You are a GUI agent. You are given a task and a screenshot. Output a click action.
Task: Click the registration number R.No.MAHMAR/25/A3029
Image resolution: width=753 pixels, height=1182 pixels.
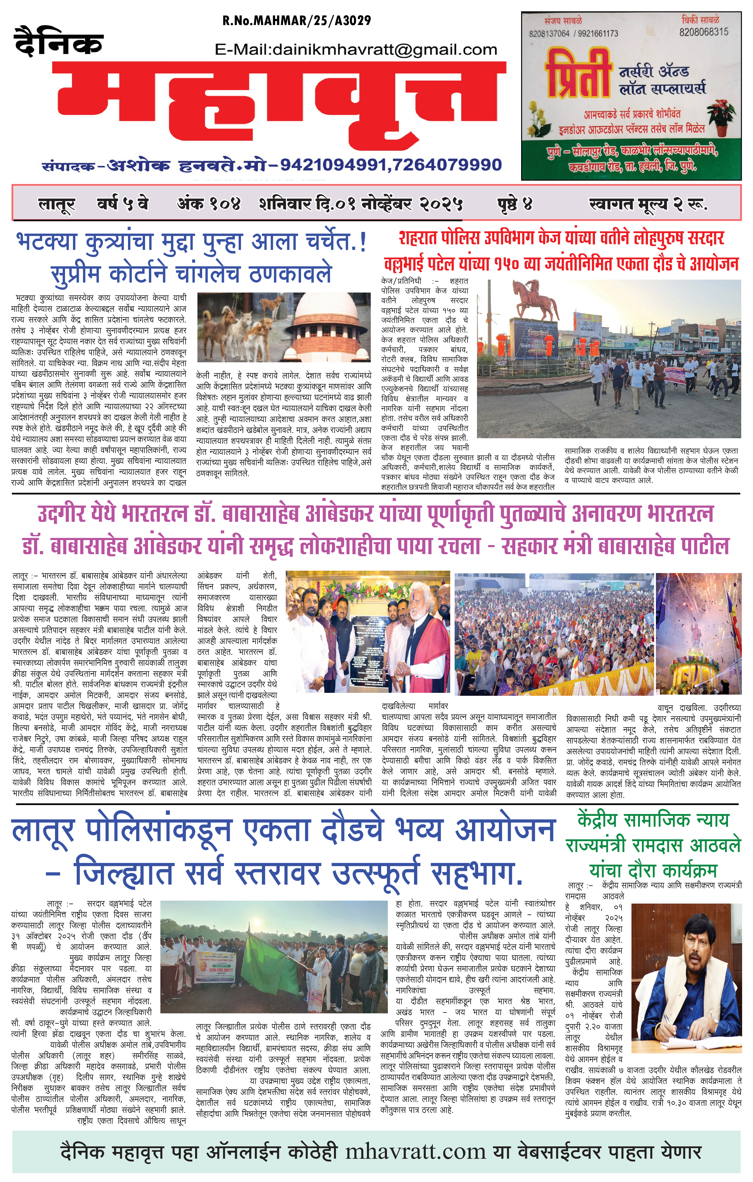[297, 21]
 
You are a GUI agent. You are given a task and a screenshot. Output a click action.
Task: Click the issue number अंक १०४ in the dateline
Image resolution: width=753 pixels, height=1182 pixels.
[209, 203]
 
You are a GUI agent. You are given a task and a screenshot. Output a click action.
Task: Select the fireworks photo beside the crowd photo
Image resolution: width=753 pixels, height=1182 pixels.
[698, 633]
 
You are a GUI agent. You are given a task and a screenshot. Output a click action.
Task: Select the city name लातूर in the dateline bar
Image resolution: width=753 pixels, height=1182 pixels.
[56, 203]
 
